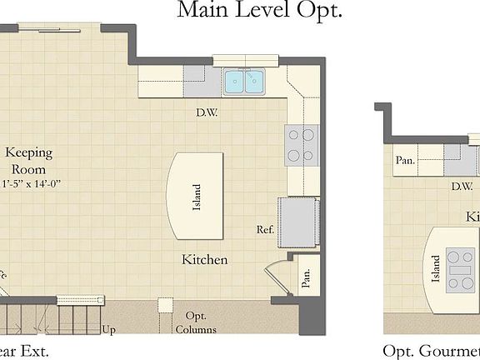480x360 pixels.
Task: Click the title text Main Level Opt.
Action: pyautogui.click(x=259, y=11)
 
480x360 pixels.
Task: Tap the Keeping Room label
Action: pyautogui.click(x=29, y=160)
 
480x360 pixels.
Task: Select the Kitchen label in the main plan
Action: pyautogui.click(x=205, y=260)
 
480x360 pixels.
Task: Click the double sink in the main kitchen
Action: pyautogui.click(x=244, y=81)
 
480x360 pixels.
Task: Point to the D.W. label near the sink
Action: pyautogui.click(x=207, y=112)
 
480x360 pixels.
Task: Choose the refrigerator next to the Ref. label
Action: pyautogui.click(x=299, y=222)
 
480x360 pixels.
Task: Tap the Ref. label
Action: pyautogui.click(x=266, y=229)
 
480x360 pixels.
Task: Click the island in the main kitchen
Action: pyautogui.click(x=197, y=194)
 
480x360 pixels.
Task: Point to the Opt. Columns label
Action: pyautogui.click(x=195, y=322)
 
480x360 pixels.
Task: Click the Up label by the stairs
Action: pyautogui.click(x=108, y=330)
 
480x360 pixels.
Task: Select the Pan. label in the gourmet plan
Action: pyautogui.click(x=406, y=160)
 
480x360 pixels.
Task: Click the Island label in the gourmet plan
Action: pyautogui.click(x=435, y=269)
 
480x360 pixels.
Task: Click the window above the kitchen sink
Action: pyautogui.click(x=247, y=60)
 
